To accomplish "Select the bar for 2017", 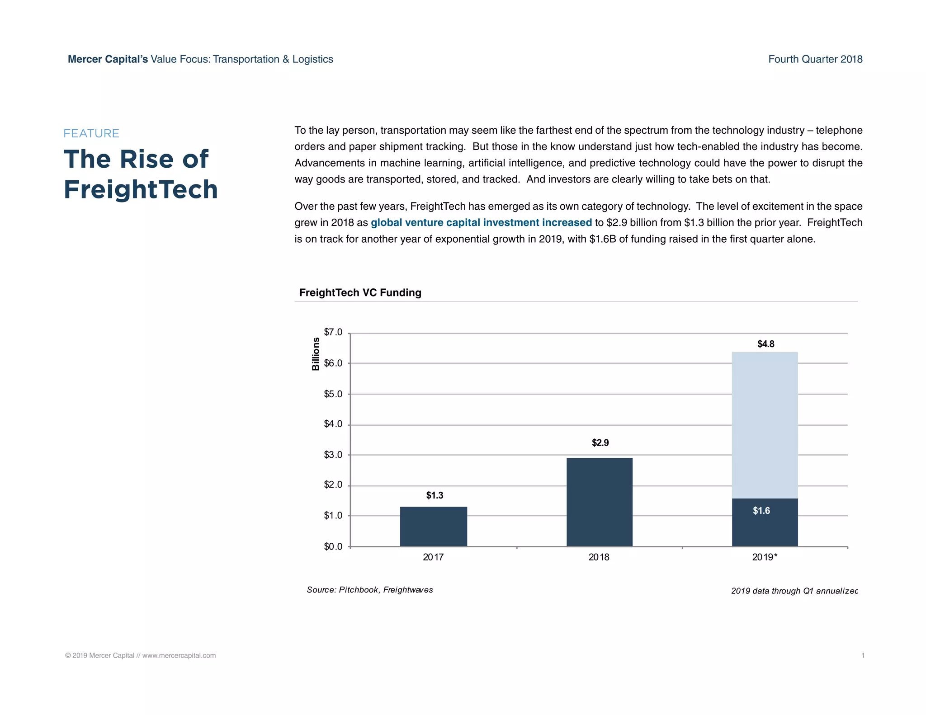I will pyautogui.click(x=433, y=527).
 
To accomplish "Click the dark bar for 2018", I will pyautogui.click(x=599, y=502).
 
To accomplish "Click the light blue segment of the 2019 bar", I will pyautogui.click(x=765, y=425).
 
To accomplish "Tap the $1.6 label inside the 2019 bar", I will pyautogui.click(x=761, y=511).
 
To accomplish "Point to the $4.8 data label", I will pyautogui.click(x=766, y=344).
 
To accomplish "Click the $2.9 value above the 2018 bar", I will pyautogui.click(x=600, y=443).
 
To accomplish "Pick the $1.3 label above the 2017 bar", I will pyautogui.click(x=435, y=495).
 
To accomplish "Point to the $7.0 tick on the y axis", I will pyautogui.click(x=333, y=333).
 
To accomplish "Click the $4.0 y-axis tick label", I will pyautogui.click(x=333, y=424).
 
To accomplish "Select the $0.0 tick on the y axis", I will pyautogui.click(x=333, y=547).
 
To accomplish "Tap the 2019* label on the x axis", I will pyautogui.click(x=765, y=557).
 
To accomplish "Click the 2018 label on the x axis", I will pyautogui.click(x=599, y=557).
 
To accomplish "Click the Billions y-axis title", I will pyautogui.click(x=316, y=354).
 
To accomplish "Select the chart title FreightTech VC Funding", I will pyautogui.click(x=360, y=292).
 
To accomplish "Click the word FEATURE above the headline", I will pyautogui.click(x=91, y=133).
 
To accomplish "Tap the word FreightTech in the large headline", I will pyautogui.click(x=141, y=189).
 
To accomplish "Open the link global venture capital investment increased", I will pyautogui.click(x=481, y=222).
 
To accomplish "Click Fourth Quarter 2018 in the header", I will pyautogui.click(x=815, y=59).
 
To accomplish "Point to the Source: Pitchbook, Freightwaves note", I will pyautogui.click(x=369, y=590).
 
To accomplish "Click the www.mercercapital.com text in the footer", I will pyautogui.click(x=179, y=655).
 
